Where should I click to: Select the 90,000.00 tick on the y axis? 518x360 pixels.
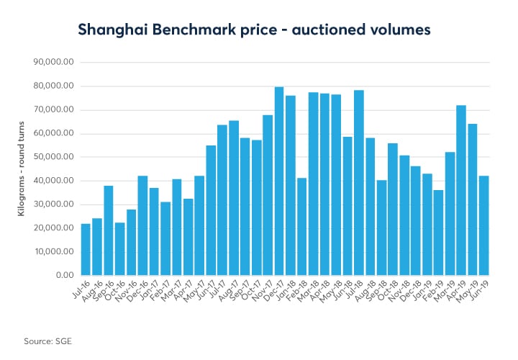pyautogui.click(x=55, y=63)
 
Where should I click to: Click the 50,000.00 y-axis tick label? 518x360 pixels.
pyautogui.click(x=55, y=157)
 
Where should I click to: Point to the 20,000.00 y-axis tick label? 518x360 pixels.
pyautogui.click(x=55, y=228)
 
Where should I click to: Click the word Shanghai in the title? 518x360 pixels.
pyautogui.click(x=111, y=30)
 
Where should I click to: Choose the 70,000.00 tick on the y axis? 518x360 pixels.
pyautogui.click(x=55, y=110)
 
